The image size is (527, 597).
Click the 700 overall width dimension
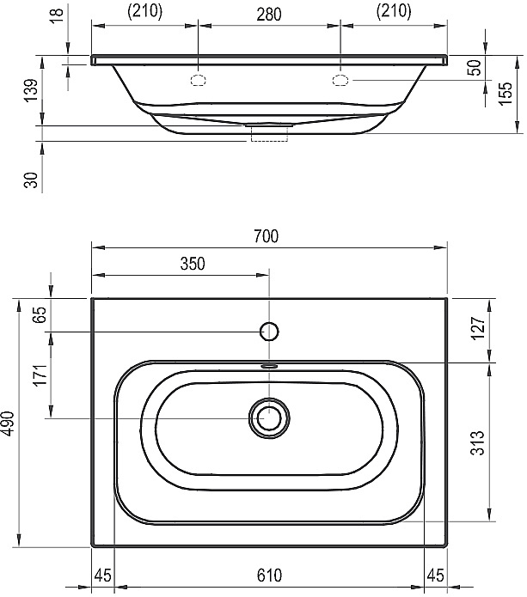tap(267, 236)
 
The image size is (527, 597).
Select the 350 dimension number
tap(193, 264)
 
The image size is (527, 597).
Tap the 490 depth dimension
tap(9, 423)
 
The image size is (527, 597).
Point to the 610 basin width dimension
tap(269, 575)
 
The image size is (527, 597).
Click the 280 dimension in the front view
tap(268, 15)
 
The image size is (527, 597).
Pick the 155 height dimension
tap(506, 94)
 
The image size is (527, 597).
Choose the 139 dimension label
tap(31, 90)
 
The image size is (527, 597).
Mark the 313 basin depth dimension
tap(477, 442)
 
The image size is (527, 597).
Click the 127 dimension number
tap(479, 328)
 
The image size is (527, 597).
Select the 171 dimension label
tap(41, 375)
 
